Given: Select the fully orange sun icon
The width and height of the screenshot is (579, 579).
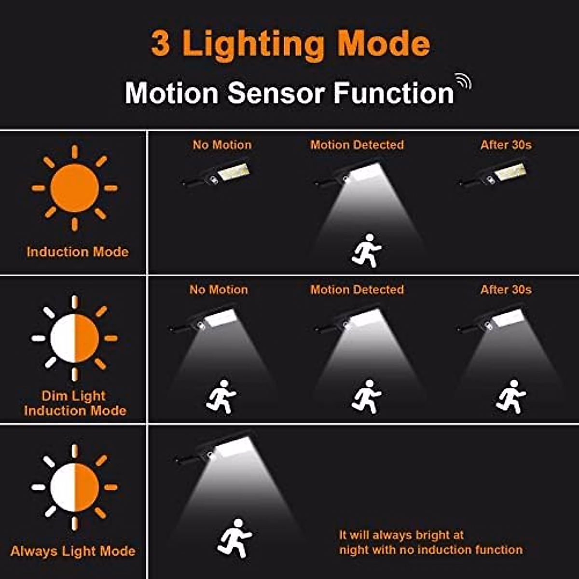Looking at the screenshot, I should point(74,188).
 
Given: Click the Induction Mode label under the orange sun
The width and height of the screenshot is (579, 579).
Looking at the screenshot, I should point(77,251).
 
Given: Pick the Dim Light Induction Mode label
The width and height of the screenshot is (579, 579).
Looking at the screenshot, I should point(75,403).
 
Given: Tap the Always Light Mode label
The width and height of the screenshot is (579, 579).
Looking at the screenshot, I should point(73,551).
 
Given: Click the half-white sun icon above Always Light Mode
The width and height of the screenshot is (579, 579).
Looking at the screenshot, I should point(74,487).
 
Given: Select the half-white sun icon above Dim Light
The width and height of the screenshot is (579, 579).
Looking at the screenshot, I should point(74,338).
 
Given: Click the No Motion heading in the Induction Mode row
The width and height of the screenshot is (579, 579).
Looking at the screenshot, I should point(222,145).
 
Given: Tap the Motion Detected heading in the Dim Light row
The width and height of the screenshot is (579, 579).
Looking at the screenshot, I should point(357,289).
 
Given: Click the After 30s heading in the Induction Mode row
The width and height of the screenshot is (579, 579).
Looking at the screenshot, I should point(506,145).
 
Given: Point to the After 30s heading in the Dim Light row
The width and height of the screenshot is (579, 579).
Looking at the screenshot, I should point(506,289).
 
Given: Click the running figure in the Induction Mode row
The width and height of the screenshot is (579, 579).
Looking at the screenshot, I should point(367,250).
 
